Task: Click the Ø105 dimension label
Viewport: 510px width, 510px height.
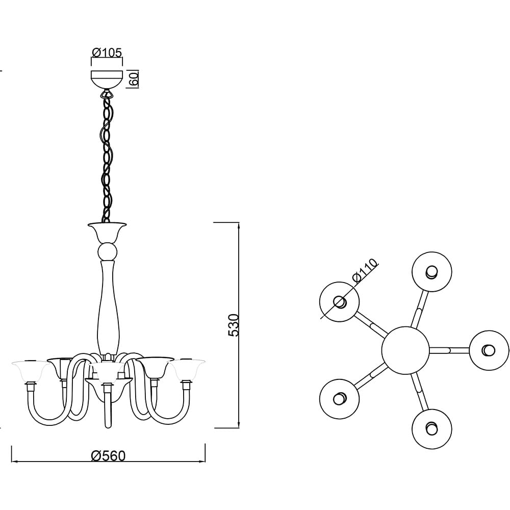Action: (107, 53)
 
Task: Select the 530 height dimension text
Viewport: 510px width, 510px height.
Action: (234, 325)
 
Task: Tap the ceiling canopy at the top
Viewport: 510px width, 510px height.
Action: (107, 80)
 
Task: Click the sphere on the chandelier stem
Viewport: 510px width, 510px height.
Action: (107, 251)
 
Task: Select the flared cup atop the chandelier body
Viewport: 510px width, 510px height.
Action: (107, 232)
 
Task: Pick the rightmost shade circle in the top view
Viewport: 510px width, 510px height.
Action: (489, 350)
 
